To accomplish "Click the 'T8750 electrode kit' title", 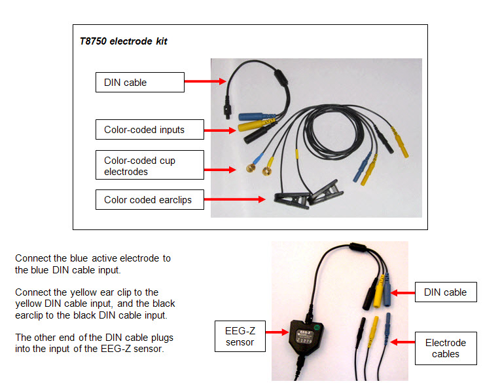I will pos(123,41).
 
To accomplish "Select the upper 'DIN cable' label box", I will pos(139,82).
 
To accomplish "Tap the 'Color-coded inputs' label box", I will pos(149,130).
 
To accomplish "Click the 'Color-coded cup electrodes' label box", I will pos(149,166).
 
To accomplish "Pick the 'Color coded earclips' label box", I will pos(149,200).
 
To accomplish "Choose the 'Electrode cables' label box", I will pos(446,348).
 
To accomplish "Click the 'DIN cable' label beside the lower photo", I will pos(446,292).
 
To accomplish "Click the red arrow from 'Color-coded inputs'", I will pos(220,130).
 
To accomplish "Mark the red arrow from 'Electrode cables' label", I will pos(402,342).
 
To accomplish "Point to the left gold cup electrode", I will pos(251,169).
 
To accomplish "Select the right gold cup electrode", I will pos(266,172).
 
